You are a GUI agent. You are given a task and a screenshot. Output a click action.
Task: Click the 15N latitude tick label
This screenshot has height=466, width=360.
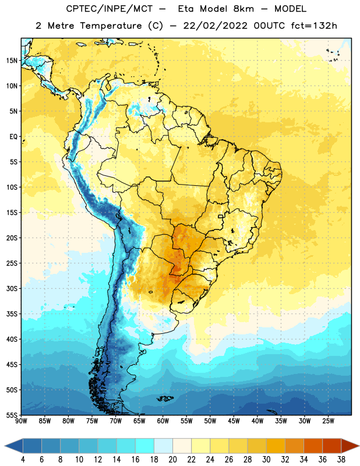click(12, 61)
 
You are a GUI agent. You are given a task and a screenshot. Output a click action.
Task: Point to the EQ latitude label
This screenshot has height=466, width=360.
click(13, 137)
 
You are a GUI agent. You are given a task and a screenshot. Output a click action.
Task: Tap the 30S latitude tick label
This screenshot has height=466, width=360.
click(12, 288)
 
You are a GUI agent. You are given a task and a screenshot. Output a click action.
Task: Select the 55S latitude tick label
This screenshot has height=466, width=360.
click(12, 415)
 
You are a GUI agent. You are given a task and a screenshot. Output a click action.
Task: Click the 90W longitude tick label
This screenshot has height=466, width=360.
click(21, 421)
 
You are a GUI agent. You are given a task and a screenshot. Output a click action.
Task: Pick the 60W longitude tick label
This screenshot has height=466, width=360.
click(163, 421)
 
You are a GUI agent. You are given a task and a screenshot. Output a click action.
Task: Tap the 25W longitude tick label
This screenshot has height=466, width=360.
click(328, 421)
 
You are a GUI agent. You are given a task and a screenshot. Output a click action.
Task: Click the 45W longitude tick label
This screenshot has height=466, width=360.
click(234, 421)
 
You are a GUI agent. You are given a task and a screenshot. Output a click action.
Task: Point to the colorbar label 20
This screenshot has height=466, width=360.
click(172, 460)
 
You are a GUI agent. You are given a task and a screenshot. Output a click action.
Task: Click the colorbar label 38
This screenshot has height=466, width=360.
click(341, 460)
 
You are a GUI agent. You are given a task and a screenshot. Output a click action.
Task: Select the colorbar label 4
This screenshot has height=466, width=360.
click(23, 460)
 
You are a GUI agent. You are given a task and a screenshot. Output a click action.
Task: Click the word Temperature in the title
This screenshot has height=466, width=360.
click(111, 26)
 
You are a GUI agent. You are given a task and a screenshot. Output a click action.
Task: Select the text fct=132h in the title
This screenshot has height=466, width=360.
click(314, 26)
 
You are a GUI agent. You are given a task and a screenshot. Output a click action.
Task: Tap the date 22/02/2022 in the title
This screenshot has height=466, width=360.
click(215, 26)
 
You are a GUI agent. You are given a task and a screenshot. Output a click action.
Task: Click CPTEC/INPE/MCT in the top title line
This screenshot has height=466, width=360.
click(109, 9)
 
